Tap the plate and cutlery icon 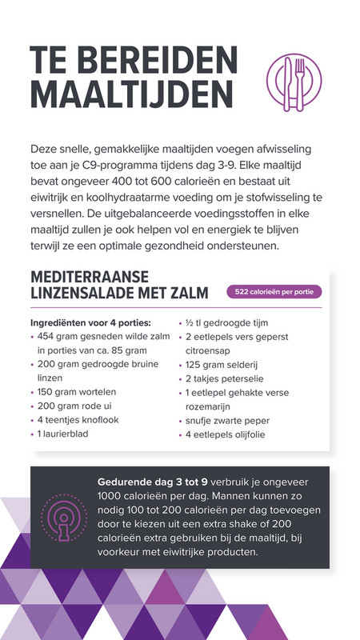click(x=290, y=77)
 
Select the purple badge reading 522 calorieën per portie click(x=273, y=292)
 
